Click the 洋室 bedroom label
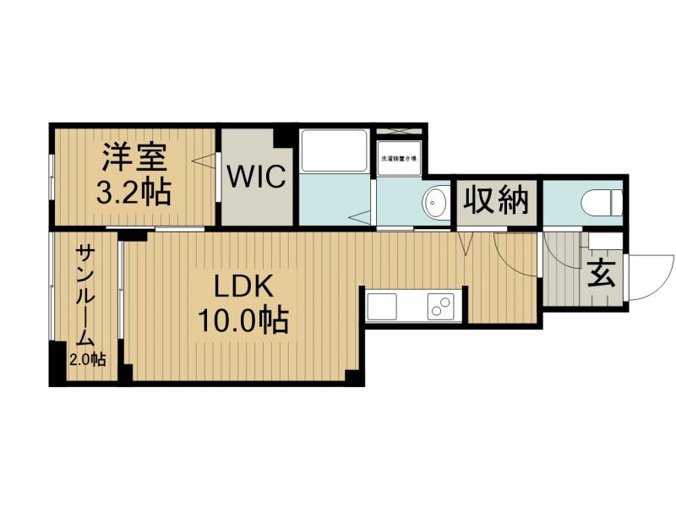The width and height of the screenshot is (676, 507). click(x=134, y=158)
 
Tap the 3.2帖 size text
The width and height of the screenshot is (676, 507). click(x=134, y=192)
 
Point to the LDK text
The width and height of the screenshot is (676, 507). click(x=243, y=287)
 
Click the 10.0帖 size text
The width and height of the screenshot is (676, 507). click(x=243, y=320)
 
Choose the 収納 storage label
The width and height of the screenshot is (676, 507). click(x=497, y=201)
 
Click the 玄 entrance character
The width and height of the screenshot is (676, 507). click(x=601, y=275)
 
